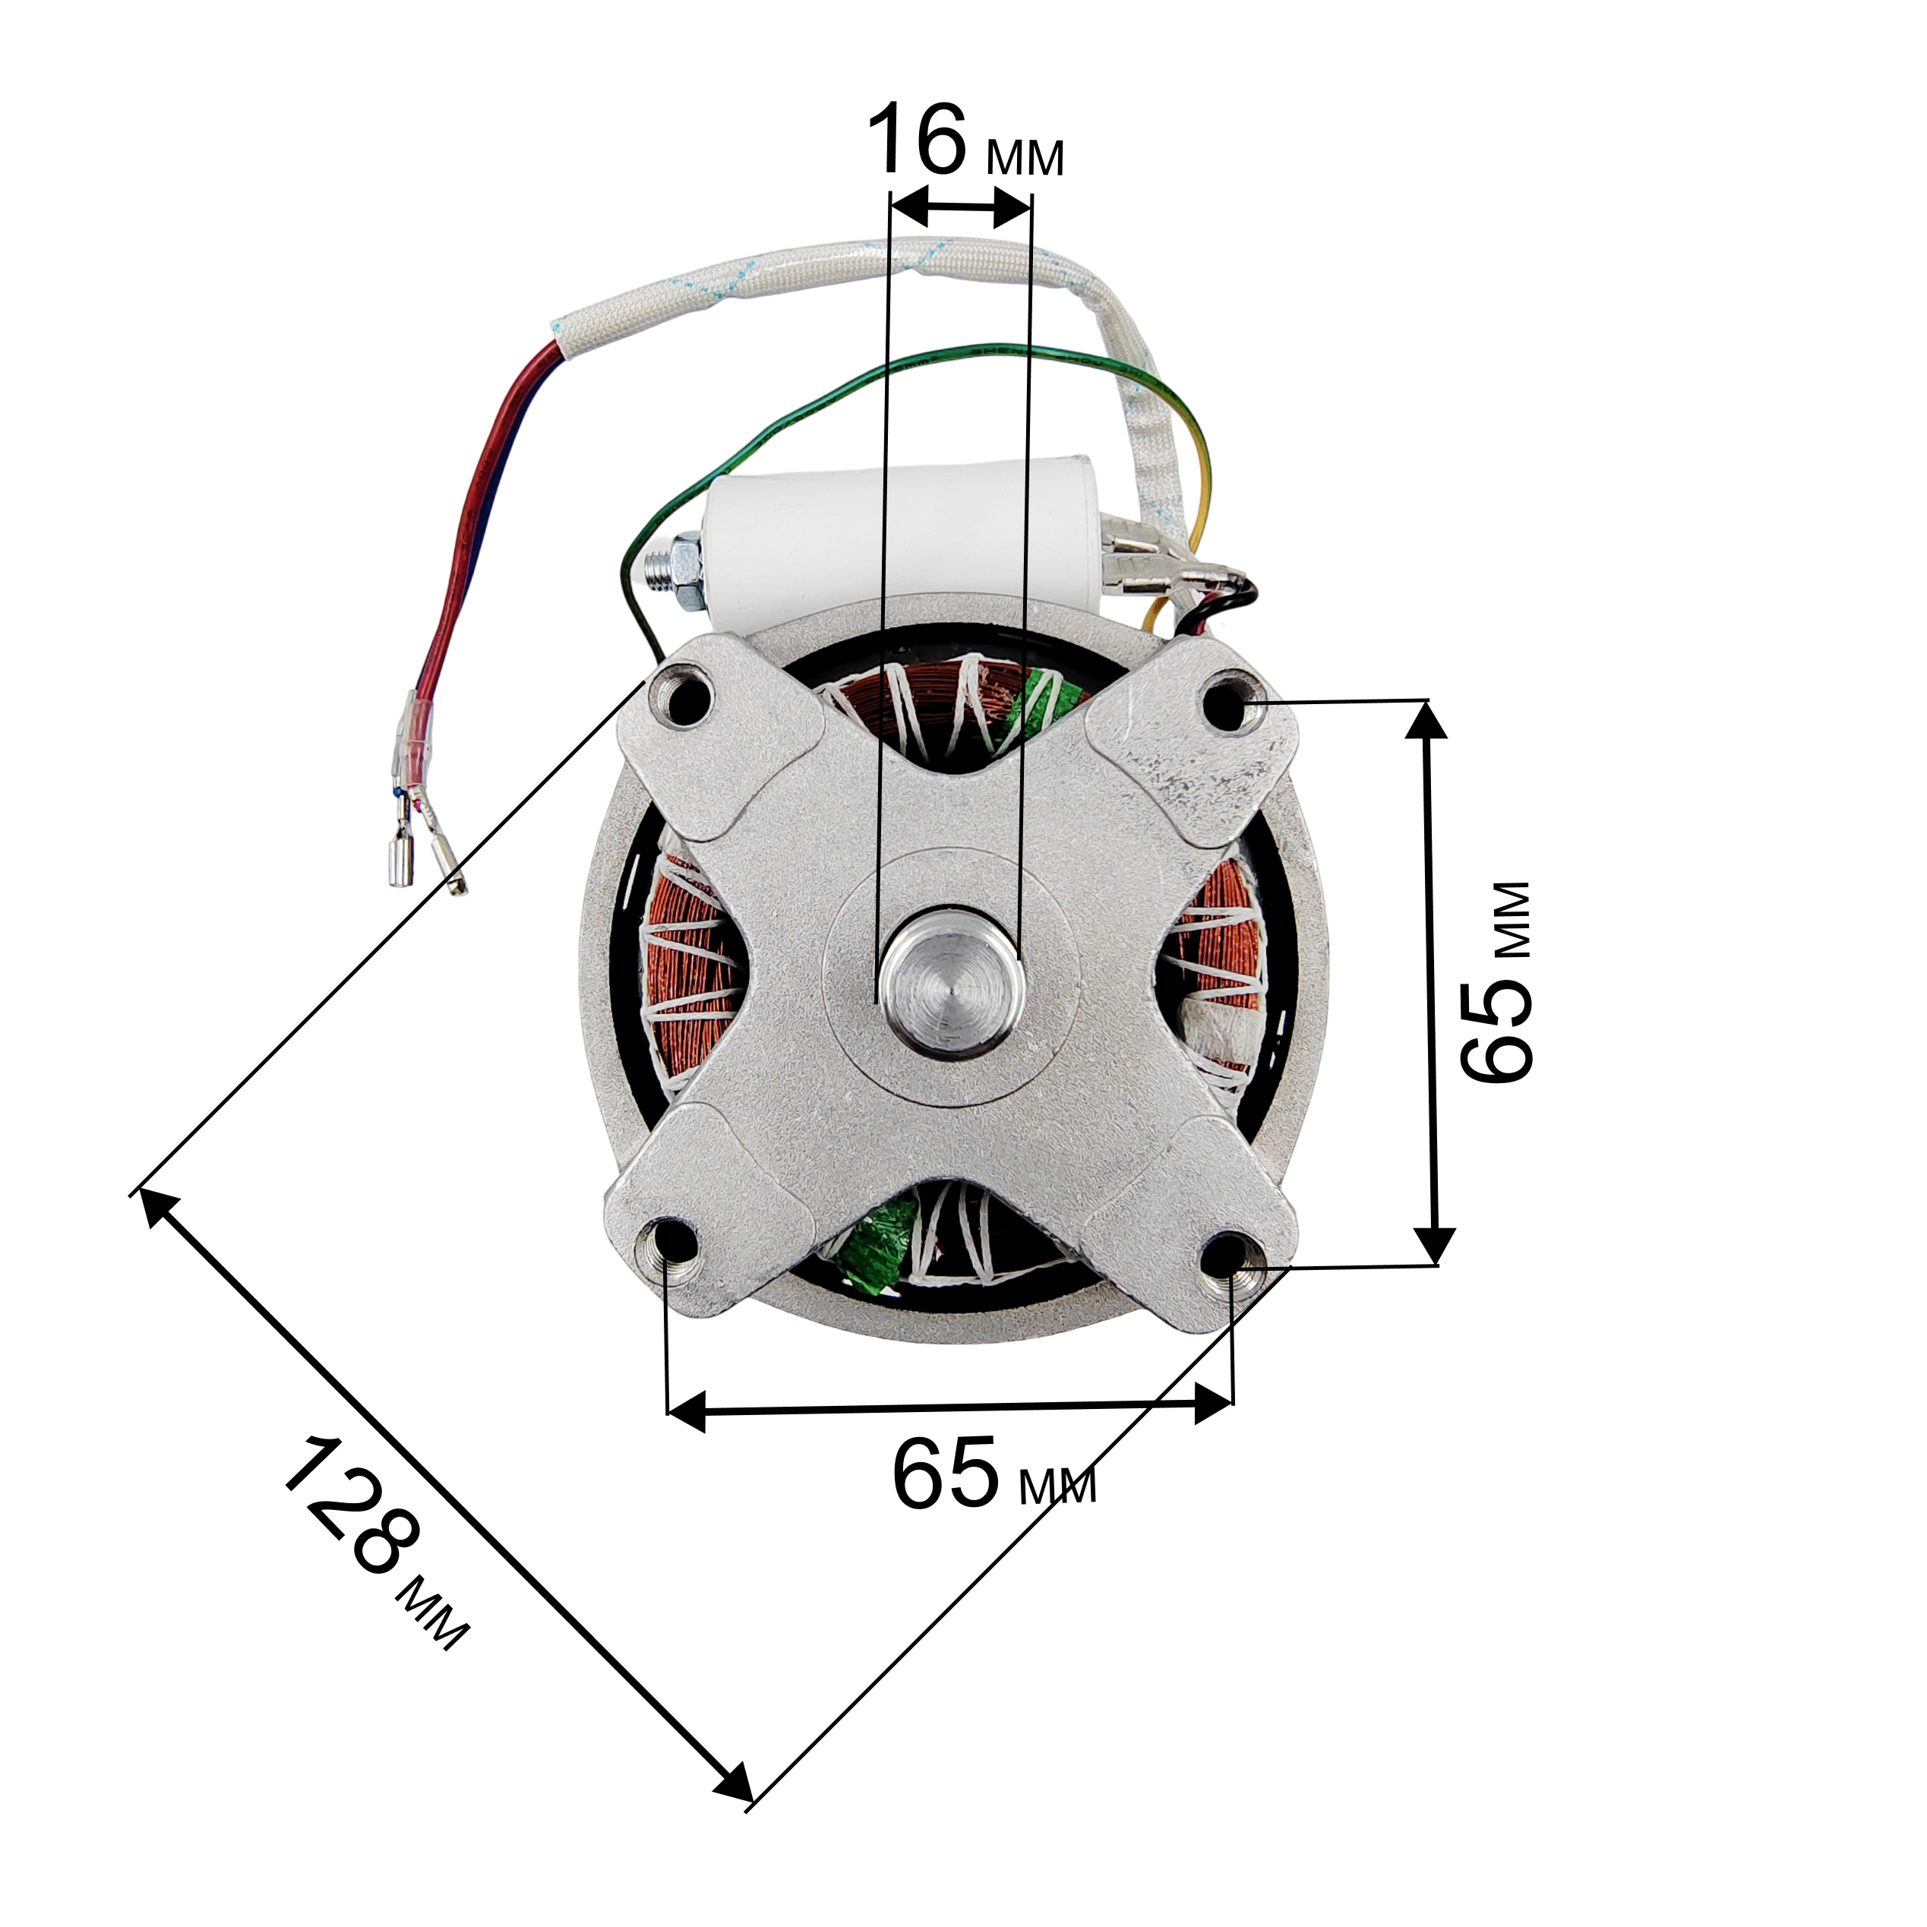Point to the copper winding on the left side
[x=688, y=978]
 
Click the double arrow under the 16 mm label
[x=958, y=210]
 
